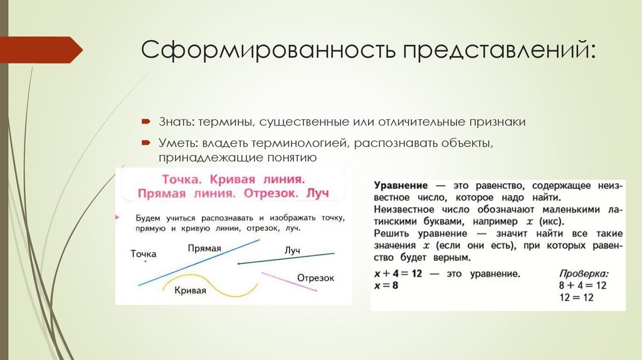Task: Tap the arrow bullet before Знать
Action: click(x=144, y=120)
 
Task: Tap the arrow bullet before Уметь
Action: click(x=144, y=143)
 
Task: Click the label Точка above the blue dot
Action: click(x=144, y=254)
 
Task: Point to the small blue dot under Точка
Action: click(x=145, y=262)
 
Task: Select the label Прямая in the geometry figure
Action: click(x=204, y=248)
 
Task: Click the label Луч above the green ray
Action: click(x=292, y=250)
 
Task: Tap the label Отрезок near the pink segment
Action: click(x=315, y=278)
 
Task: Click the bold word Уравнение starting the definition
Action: click(x=401, y=187)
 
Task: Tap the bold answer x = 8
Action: click(x=387, y=285)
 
